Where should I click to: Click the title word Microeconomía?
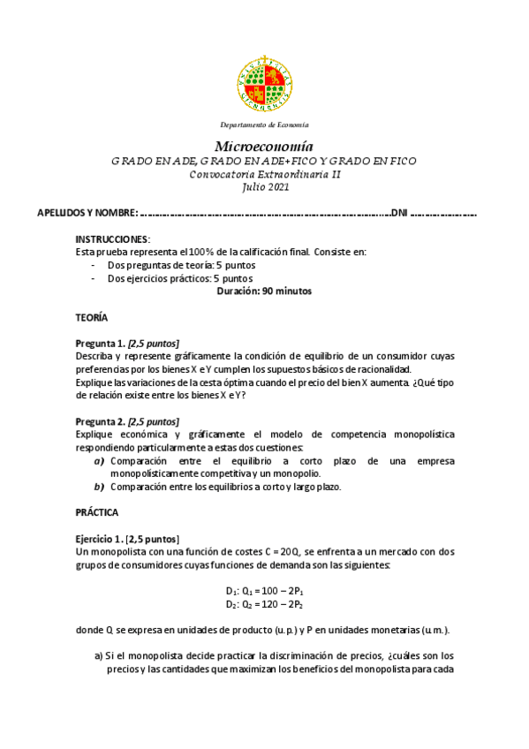click(x=264, y=146)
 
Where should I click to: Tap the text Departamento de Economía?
click(x=264, y=125)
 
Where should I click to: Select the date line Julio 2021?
click(x=264, y=186)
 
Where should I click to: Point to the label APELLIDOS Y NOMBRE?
click(x=87, y=214)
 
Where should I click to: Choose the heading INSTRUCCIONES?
click(x=113, y=239)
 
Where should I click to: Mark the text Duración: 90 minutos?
click(x=264, y=291)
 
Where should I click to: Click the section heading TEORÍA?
click(x=92, y=316)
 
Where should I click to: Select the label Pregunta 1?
click(x=100, y=343)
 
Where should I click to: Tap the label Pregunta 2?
click(x=100, y=421)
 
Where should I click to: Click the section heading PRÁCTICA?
click(x=97, y=512)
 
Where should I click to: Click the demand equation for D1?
click(x=264, y=591)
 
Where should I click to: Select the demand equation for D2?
click(x=264, y=604)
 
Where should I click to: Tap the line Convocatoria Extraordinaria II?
click(x=264, y=174)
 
